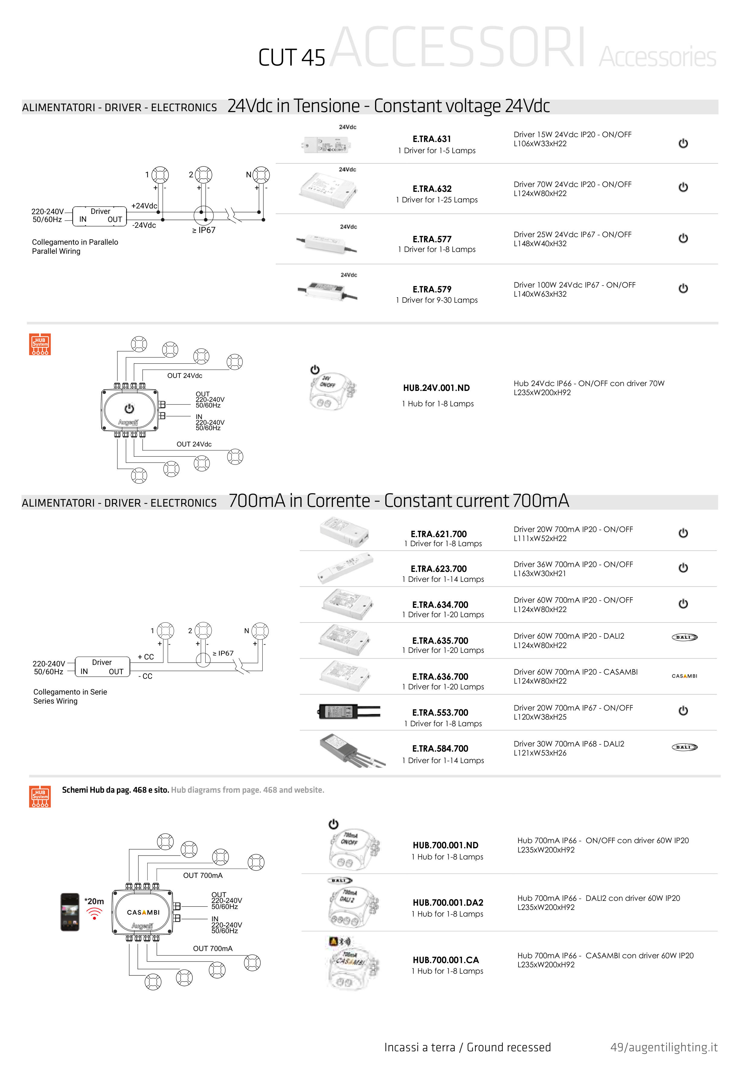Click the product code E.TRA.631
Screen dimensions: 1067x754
pyautogui.click(x=432, y=139)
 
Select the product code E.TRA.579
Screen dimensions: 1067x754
pyautogui.click(x=432, y=289)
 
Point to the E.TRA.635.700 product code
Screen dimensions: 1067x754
pyautogui.click(x=440, y=640)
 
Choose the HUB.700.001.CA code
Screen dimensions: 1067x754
pyautogui.click(x=445, y=960)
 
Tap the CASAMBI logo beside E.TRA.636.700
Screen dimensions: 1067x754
pyautogui.click(x=684, y=676)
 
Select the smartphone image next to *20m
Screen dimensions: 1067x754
pyautogui.click(x=70, y=912)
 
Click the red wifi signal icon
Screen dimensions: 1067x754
pyautogui.click(x=94, y=914)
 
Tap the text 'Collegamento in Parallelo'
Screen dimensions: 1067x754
pyautogui.click(x=75, y=242)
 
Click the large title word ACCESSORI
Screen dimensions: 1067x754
pyautogui.click(x=457, y=47)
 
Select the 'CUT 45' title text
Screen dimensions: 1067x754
pyautogui.click(x=291, y=58)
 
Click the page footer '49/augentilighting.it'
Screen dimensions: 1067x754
pyautogui.click(x=663, y=1047)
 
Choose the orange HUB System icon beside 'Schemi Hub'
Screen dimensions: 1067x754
pyautogui.click(x=40, y=797)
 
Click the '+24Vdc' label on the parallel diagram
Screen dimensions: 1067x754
pyautogui.click(x=144, y=206)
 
